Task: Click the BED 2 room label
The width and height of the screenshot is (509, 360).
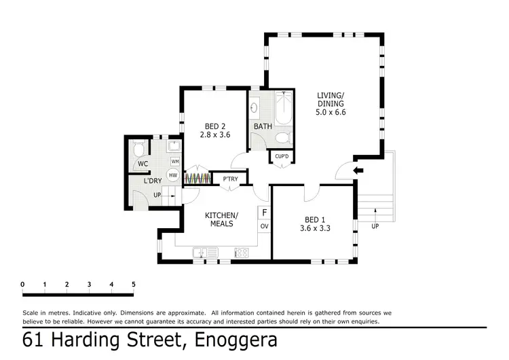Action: tap(215, 126)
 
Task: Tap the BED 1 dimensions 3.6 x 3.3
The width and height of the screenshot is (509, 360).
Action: tap(315, 228)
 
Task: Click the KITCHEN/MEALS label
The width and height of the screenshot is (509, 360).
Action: tap(222, 219)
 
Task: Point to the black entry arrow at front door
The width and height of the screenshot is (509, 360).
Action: tap(358, 170)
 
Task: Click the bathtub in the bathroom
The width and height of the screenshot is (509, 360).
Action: tap(284, 107)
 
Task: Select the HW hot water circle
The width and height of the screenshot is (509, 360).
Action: tap(173, 175)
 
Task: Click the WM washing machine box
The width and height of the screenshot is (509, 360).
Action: tap(175, 162)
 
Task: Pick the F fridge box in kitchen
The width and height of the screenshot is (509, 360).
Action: tap(264, 213)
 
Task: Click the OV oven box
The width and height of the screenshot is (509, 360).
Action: tap(264, 226)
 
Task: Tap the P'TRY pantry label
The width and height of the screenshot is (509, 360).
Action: tap(231, 179)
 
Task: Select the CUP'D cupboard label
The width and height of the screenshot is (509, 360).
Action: tap(282, 156)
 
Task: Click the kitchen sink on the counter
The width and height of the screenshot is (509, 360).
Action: tap(205, 253)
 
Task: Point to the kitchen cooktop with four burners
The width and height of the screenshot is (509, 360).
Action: tap(242, 253)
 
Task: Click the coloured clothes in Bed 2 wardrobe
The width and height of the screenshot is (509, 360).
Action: tap(197, 179)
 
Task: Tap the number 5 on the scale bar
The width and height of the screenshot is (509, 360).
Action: tap(134, 285)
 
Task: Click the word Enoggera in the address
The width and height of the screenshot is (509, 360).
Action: tap(236, 340)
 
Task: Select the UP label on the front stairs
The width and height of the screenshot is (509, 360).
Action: tap(375, 226)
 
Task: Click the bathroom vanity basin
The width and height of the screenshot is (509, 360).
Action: tap(254, 107)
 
